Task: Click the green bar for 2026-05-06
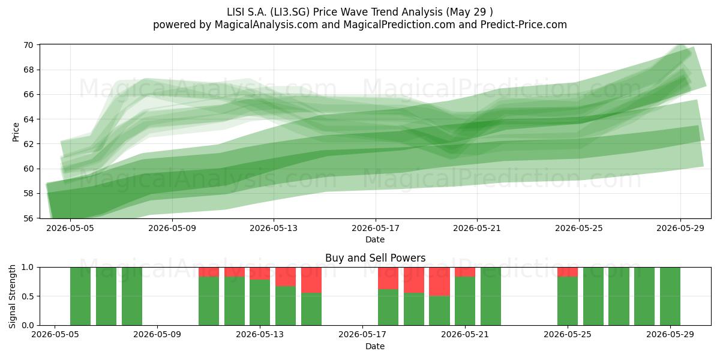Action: click(x=80, y=296)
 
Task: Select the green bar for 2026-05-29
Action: click(x=670, y=296)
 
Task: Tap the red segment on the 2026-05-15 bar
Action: click(x=311, y=280)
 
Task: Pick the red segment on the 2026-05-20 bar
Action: click(x=439, y=281)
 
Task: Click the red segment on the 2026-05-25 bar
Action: click(x=568, y=272)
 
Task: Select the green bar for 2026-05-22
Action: click(x=491, y=296)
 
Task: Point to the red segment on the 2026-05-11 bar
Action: click(x=209, y=272)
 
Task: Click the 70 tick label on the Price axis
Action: click(x=28, y=45)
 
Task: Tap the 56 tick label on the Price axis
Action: click(x=28, y=218)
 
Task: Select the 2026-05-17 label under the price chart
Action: click(x=376, y=228)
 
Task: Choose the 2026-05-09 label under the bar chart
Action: click(x=157, y=335)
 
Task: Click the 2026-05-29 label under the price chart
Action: click(x=680, y=228)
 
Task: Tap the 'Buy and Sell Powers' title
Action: click(x=375, y=258)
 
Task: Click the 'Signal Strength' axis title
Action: click(x=12, y=296)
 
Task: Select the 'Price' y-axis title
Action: click(x=16, y=132)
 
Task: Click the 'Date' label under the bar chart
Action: click(x=375, y=346)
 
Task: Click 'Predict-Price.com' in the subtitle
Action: click(x=524, y=25)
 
